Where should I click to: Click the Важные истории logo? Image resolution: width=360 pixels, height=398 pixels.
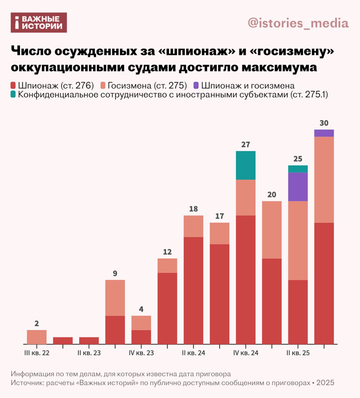[39, 22]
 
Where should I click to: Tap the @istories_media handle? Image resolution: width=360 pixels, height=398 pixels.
[298, 23]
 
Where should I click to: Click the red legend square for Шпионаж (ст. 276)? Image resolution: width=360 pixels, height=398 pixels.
[13, 85]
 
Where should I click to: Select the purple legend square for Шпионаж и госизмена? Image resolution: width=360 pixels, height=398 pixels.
[196, 85]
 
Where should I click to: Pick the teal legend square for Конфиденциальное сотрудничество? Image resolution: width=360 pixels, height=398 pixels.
[13, 94]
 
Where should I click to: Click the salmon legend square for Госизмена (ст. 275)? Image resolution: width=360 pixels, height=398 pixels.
[103, 85]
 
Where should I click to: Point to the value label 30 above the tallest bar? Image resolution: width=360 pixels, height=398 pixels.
[324, 123]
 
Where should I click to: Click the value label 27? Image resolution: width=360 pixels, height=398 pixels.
[246, 145]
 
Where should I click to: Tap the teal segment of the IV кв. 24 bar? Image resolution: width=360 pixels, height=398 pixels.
[246, 165]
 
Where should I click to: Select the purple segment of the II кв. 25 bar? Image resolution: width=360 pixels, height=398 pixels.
[298, 187]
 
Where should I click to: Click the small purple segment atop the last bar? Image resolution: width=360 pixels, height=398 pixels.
[324, 133]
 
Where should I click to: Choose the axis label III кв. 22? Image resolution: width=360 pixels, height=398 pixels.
[37, 353]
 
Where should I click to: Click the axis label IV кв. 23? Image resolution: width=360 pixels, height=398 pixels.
[141, 353]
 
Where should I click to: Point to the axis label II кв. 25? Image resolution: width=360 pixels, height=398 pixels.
[298, 353]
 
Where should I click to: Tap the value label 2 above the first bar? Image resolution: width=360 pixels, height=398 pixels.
[37, 324]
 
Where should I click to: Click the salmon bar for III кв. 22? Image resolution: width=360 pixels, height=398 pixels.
[37, 337]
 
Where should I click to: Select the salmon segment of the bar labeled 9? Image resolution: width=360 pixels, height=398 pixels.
[115, 298]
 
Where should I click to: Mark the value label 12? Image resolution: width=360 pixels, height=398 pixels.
[167, 252]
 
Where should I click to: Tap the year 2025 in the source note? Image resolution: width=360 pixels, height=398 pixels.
[325, 382]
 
